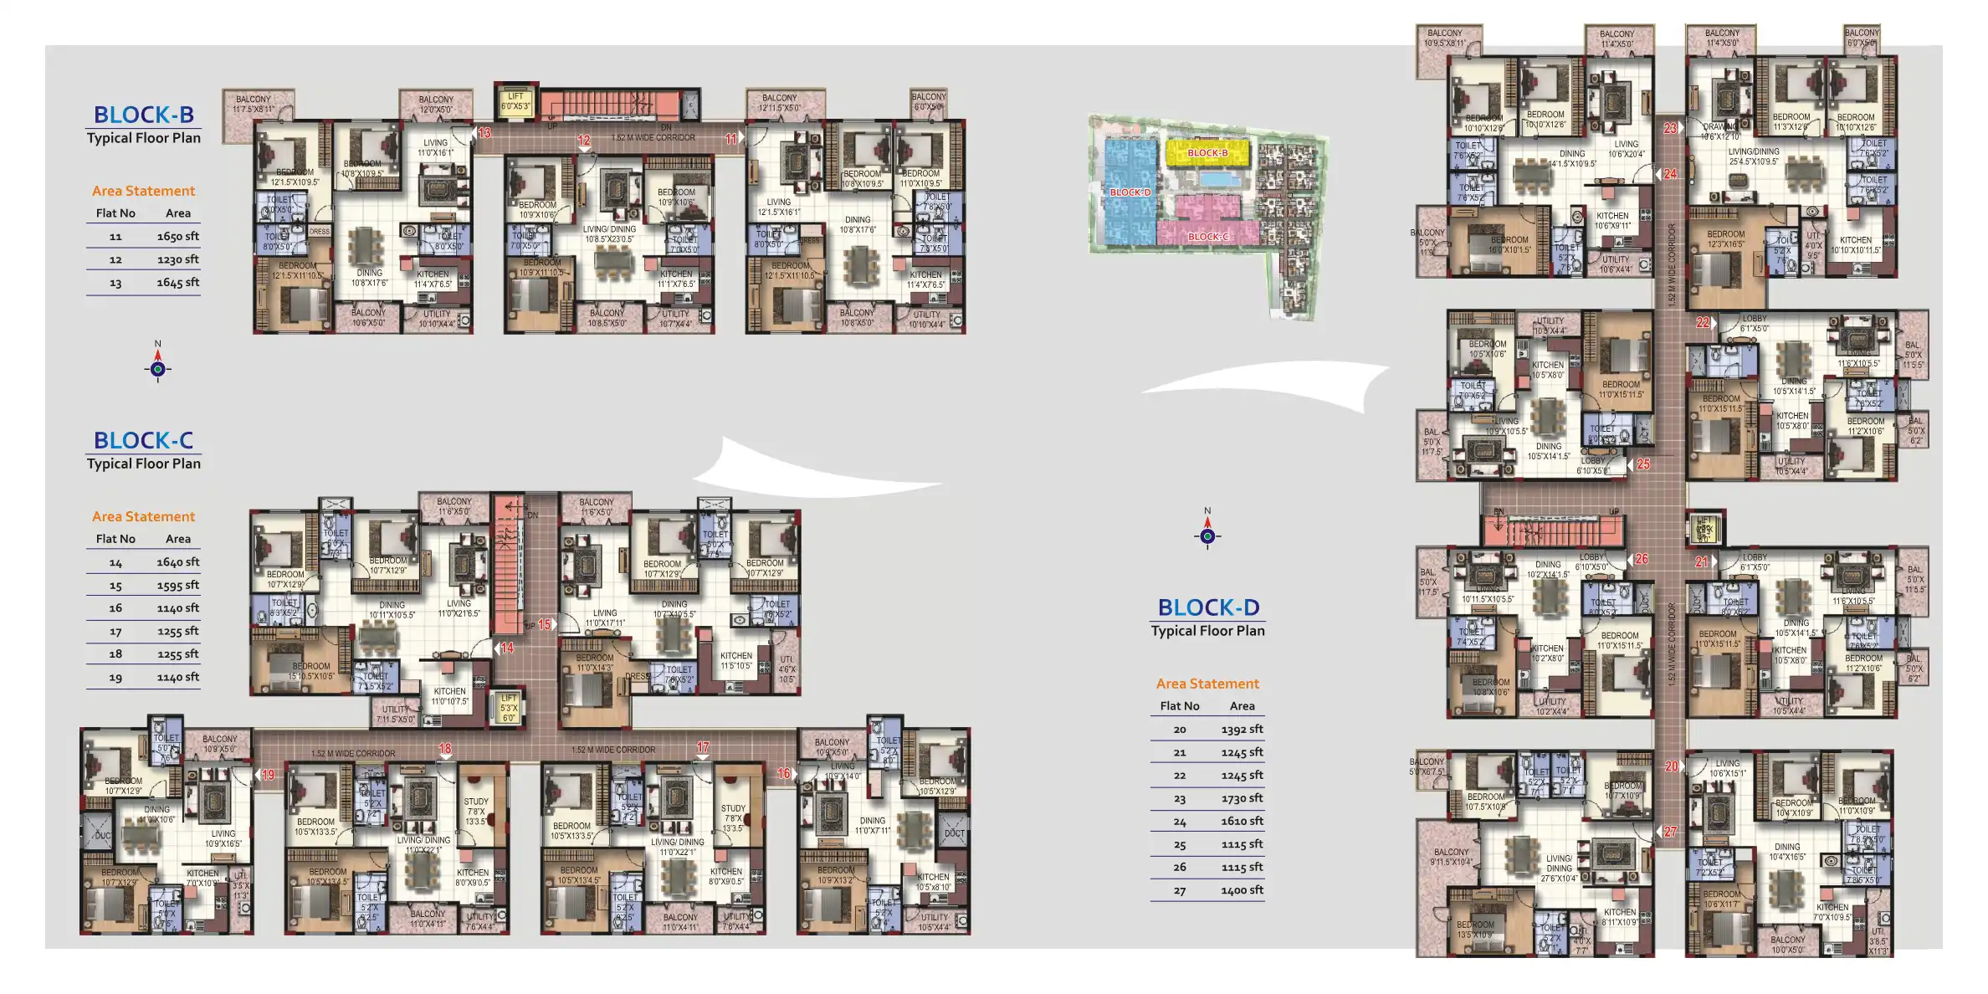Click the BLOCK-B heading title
pyautogui.click(x=143, y=115)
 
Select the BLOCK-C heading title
pyautogui.click(x=143, y=440)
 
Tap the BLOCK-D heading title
pyautogui.click(x=1208, y=607)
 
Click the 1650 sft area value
pyautogui.click(x=177, y=237)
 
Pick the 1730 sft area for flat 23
pyautogui.click(x=1242, y=799)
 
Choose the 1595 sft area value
pyautogui.click(x=177, y=586)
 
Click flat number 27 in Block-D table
pyautogui.click(x=1180, y=891)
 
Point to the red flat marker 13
pyautogui.click(x=484, y=133)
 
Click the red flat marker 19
pyautogui.click(x=268, y=775)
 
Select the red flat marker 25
pyautogui.click(x=1643, y=464)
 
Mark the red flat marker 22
pyautogui.click(x=1703, y=322)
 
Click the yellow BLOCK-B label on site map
pyautogui.click(x=1207, y=153)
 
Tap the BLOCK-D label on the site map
pyautogui.click(x=1130, y=192)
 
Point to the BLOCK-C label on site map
pyautogui.click(x=1208, y=237)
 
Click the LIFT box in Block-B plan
pyautogui.click(x=515, y=102)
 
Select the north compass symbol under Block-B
pyautogui.click(x=158, y=367)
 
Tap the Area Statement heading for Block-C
pyautogui.click(x=143, y=517)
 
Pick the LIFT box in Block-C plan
pyautogui.click(x=509, y=708)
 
